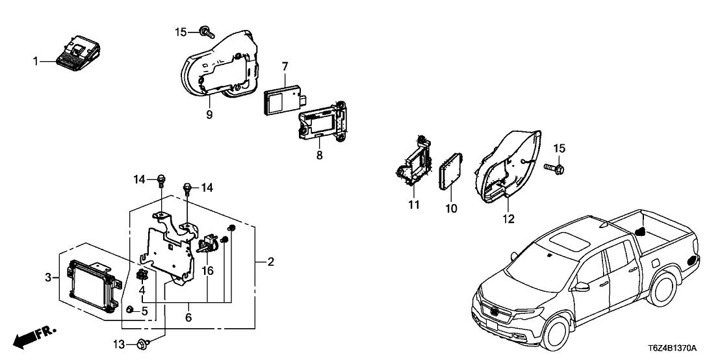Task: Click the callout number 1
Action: (36, 62)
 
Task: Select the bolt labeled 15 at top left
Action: (207, 31)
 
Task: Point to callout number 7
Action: (285, 67)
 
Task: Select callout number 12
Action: (508, 219)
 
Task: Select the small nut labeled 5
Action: (130, 311)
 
